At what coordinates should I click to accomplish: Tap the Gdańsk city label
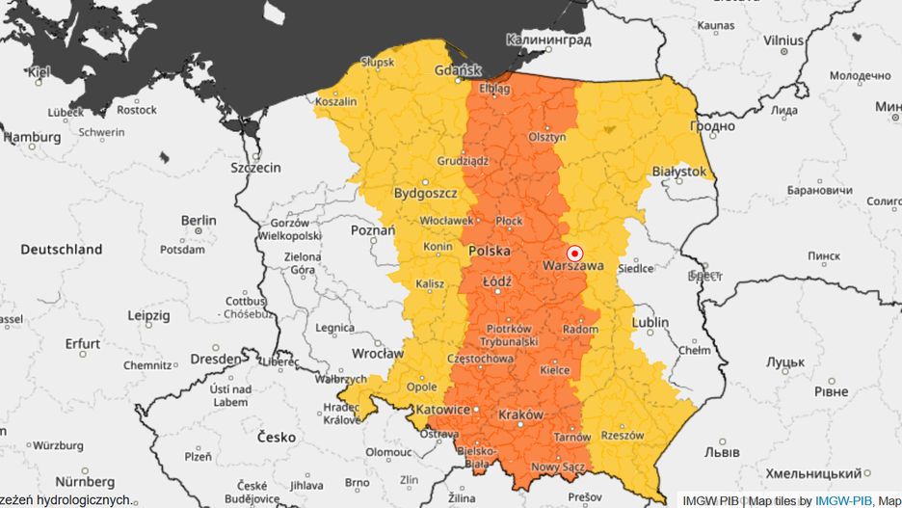pyautogui.click(x=459, y=69)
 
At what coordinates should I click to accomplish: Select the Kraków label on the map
pyautogui.click(x=521, y=414)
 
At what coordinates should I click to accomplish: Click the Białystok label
pyautogui.click(x=679, y=173)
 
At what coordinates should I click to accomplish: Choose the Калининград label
pyautogui.click(x=548, y=40)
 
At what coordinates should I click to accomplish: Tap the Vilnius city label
pyautogui.click(x=783, y=40)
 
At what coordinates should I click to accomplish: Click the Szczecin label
pyautogui.click(x=255, y=167)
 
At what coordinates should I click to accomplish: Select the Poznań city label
pyautogui.click(x=372, y=230)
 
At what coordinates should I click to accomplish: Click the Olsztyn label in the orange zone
pyautogui.click(x=546, y=138)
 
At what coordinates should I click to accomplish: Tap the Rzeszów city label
pyautogui.click(x=622, y=436)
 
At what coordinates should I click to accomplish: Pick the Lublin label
pyautogui.click(x=650, y=322)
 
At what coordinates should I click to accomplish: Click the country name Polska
pyautogui.click(x=489, y=251)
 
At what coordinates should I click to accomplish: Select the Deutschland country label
pyautogui.click(x=62, y=249)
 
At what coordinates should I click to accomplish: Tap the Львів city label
pyautogui.click(x=722, y=451)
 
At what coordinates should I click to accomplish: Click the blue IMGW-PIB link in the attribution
pyautogui.click(x=844, y=500)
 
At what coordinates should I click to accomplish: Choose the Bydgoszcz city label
pyautogui.click(x=425, y=193)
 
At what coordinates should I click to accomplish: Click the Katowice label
pyautogui.click(x=441, y=410)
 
